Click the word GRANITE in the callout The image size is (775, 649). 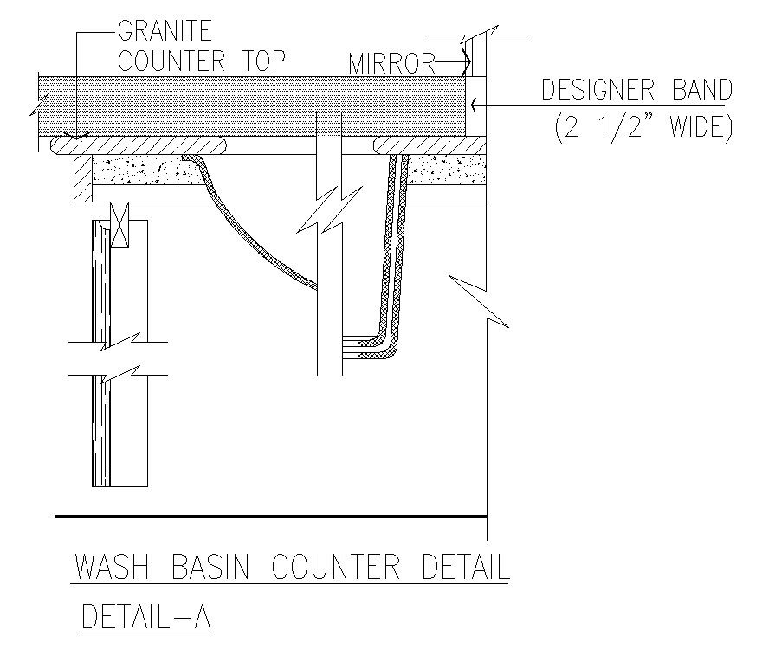tap(165, 32)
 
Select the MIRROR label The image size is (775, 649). tap(391, 63)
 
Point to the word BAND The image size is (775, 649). tap(698, 90)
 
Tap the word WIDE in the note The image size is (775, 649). tap(692, 128)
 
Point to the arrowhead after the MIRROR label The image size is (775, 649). tap(464, 63)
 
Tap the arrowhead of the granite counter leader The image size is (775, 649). tap(77, 135)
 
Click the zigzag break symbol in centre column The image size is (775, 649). tap(329, 212)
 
